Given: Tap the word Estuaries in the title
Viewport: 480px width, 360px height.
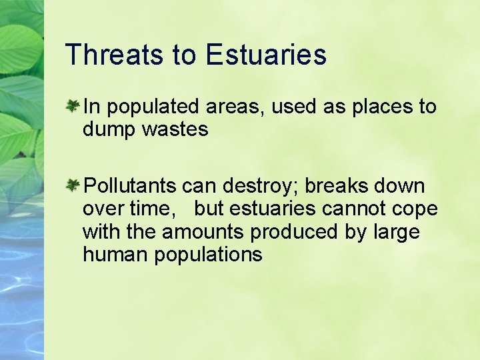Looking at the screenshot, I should coord(267,55).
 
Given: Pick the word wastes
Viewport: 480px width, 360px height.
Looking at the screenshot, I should coord(174,129).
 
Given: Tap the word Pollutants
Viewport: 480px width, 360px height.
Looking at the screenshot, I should coord(131,185).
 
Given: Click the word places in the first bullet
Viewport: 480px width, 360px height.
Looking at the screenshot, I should coord(368,107).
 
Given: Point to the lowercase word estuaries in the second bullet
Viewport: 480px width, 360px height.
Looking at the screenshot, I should coord(272,209).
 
